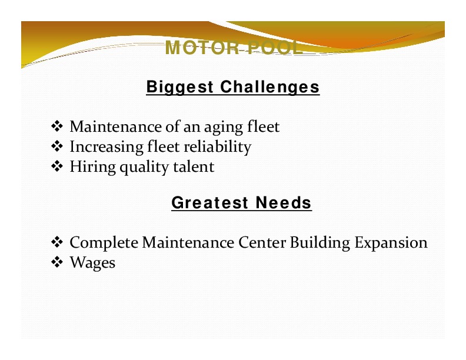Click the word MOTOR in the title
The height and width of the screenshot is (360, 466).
click(202, 48)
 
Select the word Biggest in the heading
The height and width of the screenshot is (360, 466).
click(180, 87)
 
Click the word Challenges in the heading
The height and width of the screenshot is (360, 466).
click(270, 87)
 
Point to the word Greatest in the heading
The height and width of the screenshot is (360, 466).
click(210, 203)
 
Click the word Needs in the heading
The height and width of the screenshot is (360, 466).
click(284, 203)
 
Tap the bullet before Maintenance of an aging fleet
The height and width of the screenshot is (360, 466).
click(56, 126)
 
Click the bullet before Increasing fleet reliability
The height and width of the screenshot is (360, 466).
click(56, 146)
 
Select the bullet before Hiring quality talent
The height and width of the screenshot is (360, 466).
click(56, 166)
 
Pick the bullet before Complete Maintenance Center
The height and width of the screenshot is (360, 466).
click(56, 242)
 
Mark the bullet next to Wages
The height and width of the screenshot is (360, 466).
click(56, 262)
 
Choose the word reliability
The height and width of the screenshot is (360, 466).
click(218, 147)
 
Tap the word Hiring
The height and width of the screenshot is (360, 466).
click(93, 167)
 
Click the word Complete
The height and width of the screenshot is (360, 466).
click(104, 243)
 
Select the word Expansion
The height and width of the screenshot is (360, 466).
click(391, 243)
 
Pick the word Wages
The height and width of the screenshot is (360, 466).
click(92, 263)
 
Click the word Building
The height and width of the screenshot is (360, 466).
click(319, 243)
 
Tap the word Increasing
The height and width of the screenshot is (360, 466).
click(106, 147)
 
